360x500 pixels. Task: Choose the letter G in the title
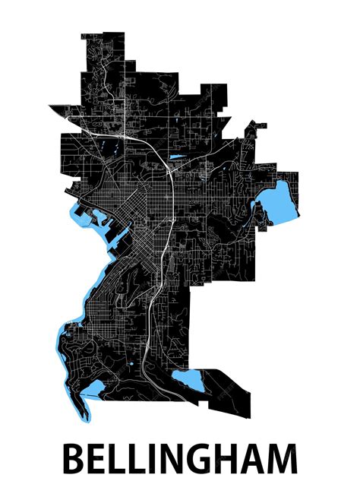pos(203,460)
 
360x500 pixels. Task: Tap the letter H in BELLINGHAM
pos(230,460)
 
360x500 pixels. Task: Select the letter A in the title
pos(256,460)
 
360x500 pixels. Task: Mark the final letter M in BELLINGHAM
pos(285,460)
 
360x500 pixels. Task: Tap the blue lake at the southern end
pos(188,381)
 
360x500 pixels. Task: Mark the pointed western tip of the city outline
pos(50,106)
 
